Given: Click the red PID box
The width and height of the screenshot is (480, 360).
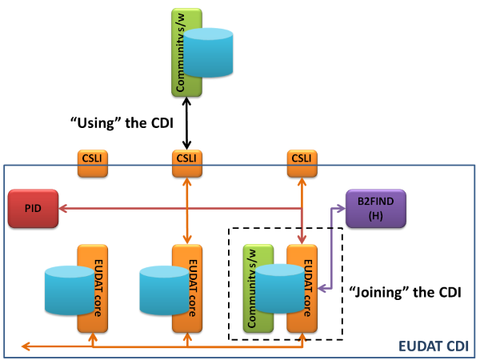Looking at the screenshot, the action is point(33,209).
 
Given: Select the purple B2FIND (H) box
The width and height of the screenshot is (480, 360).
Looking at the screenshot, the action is point(376,209).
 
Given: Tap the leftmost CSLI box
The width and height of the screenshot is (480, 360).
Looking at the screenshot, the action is point(93,163).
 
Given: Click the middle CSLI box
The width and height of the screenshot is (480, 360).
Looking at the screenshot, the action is point(187,163).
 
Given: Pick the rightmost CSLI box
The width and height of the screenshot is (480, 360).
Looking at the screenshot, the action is point(302,163).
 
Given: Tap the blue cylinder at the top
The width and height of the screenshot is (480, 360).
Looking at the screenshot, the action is point(208,53).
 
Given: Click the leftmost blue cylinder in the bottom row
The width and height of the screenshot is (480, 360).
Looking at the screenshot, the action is point(70,290).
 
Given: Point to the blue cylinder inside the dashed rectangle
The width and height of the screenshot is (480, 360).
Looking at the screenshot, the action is point(280,289).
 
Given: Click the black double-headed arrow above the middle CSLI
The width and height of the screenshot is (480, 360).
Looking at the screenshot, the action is point(186,123).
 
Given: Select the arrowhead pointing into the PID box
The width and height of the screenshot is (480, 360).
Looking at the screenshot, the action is point(62,209).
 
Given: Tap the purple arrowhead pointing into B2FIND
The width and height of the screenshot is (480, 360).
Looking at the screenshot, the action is point(342,209).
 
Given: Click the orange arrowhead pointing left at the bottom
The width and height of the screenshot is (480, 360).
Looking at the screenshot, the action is point(26,346).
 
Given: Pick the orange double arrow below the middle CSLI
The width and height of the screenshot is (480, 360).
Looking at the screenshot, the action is point(187,211).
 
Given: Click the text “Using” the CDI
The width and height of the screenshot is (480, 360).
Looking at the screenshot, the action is point(122,123).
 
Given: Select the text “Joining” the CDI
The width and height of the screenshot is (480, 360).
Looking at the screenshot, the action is point(406,292).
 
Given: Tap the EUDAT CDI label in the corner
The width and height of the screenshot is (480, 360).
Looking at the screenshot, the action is point(434,346).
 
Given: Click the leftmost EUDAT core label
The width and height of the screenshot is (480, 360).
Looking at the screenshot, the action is point(98,288).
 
